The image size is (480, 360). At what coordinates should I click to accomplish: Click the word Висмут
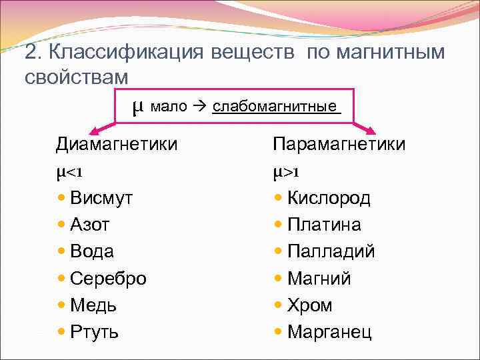pyautogui.click(x=101, y=198)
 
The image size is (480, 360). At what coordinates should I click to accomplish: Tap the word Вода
pyautogui.click(x=91, y=251)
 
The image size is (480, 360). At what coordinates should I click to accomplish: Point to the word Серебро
pyautogui.click(x=107, y=278)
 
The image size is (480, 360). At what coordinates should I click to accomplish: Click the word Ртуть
pyautogui.click(x=94, y=332)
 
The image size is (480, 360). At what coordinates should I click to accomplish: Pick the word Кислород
pyautogui.click(x=329, y=198)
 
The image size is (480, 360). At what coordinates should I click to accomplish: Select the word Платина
pyautogui.click(x=324, y=225)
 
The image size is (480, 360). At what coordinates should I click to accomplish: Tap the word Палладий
pyautogui.click(x=331, y=251)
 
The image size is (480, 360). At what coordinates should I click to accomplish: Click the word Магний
pyautogui.click(x=319, y=278)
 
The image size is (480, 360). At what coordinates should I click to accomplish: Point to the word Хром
pyautogui.click(x=309, y=305)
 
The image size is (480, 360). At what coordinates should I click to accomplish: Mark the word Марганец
pyautogui.click(x=329, y=332)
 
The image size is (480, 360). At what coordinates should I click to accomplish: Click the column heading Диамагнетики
pyautogui.click(x=117, y=144)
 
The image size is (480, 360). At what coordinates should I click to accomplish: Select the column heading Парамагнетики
pyautogui.click(x=339, y=144)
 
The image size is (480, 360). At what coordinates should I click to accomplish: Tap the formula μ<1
pyautogui.click(x=69, y=172)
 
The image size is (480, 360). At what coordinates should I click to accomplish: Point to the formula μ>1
pyautogui.click(x=286, y=172)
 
